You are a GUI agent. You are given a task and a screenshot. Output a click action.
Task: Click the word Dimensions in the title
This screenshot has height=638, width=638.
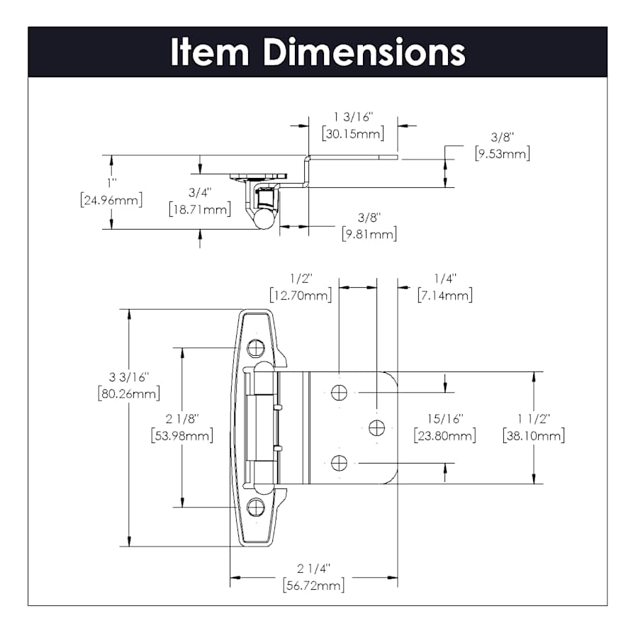coord(364,52)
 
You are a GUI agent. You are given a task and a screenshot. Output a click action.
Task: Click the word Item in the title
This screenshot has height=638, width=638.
coord(211,52)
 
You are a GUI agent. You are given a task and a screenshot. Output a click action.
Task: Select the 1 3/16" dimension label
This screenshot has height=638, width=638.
coord(352,116)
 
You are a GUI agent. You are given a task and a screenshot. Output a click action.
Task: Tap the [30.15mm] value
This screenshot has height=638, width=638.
coord(352,133)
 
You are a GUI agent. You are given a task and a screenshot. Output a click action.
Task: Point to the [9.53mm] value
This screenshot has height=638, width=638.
coord(502,153)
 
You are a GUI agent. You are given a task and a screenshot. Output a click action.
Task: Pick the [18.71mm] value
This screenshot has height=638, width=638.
coord(200,209)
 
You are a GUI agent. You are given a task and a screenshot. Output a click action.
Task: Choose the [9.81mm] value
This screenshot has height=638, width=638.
coord(369,234)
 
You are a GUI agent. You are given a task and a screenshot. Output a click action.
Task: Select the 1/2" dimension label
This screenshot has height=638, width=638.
coord(301,278)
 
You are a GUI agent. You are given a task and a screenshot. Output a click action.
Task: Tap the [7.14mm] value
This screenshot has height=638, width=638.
coord(444,295)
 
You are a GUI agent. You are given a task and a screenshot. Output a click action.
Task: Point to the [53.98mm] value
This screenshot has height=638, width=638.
coord(182,435)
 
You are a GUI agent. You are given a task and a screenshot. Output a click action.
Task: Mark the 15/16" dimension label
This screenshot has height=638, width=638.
coord(444,418)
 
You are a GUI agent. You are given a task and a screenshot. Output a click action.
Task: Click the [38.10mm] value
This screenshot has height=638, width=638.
coord(533,435)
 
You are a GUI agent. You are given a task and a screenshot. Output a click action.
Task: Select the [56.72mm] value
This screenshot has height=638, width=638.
coord(313,586)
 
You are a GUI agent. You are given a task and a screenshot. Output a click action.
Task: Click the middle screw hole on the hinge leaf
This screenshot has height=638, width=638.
coord(376,427)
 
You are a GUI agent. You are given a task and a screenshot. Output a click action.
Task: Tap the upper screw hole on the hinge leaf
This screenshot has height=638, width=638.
coord(340,391)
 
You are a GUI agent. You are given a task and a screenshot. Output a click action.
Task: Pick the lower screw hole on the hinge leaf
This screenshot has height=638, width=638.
coord(340,463)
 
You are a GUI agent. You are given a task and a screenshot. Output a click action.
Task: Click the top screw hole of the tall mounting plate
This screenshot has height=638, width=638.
coord(255,348)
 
